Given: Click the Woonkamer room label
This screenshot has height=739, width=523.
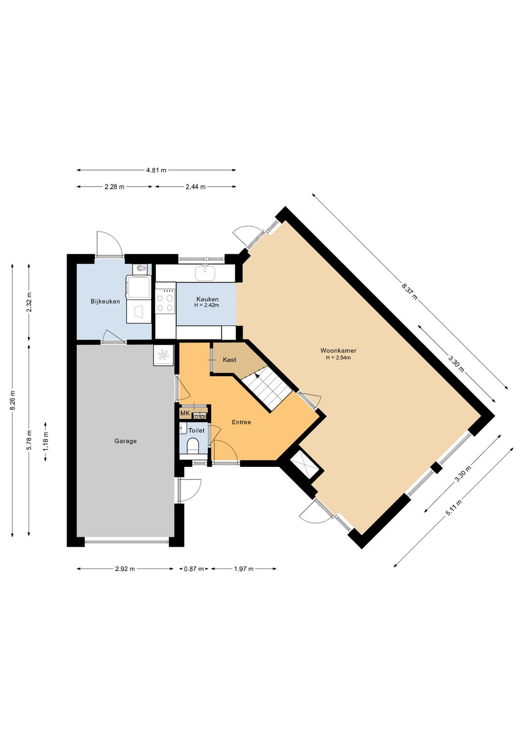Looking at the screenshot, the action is pyautogui.click(x=338, y=351).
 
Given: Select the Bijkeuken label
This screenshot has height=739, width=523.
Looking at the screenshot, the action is pyautogui.click(x=105, y=301).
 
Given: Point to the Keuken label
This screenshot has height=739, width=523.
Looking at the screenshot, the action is pyautogui.click(x=207, y=299).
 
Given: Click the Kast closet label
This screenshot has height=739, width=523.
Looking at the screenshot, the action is pyautogui.click(x=230, y=360).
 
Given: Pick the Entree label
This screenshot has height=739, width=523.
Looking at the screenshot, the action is pyautogui.click(x=241, y=422).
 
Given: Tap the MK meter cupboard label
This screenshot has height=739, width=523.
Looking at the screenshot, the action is pyautogui.click(x=185, y=413).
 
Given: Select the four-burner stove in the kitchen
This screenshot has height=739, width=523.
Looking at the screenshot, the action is pyautogui.click(x=165, y=302).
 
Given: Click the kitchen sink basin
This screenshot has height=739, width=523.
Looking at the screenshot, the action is pyautogui.click(x=205, y=274).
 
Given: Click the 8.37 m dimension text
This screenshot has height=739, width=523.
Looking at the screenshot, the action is pyautogui.click(x=410, y=290).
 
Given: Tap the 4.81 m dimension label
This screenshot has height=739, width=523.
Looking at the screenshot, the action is pyautogui.click(x=156, y=170).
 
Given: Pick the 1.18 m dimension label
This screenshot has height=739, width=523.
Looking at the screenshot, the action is pyautogui.click(x=46, y=442).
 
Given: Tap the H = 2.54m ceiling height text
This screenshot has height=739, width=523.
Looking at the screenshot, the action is pyautogui.click(x=338, y=357).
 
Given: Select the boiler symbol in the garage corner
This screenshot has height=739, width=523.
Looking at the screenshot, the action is pyautogui.click(x=163, y=355).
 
